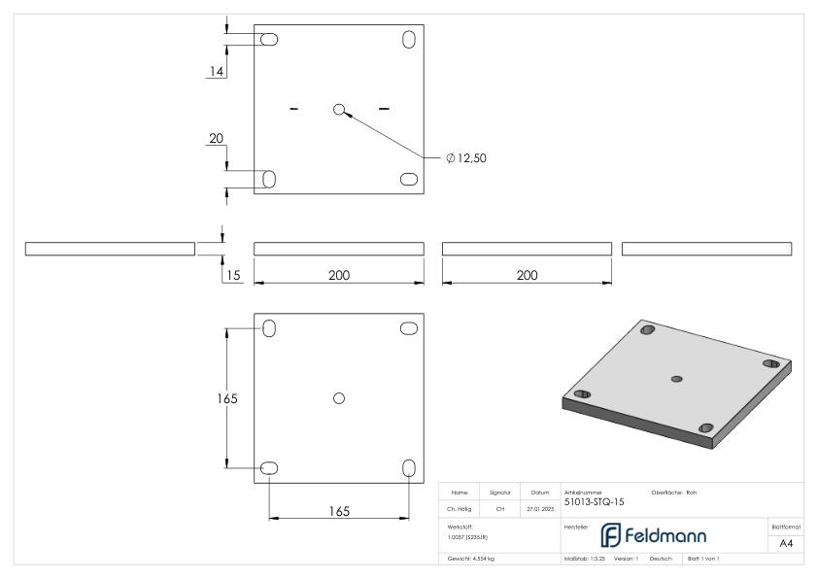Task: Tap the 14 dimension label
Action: pos(216,70)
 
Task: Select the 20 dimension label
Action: pos(216,140)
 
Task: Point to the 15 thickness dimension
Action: pos(233,275)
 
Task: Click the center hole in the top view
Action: pos(339,110)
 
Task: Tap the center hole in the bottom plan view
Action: pos(338,397)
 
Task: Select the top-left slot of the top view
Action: pos(269,40)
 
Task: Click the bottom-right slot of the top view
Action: pos(409,179)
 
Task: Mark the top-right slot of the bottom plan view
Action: pos(409,328)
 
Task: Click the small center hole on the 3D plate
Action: pos(677,378)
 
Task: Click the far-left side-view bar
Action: pos(110,250)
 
